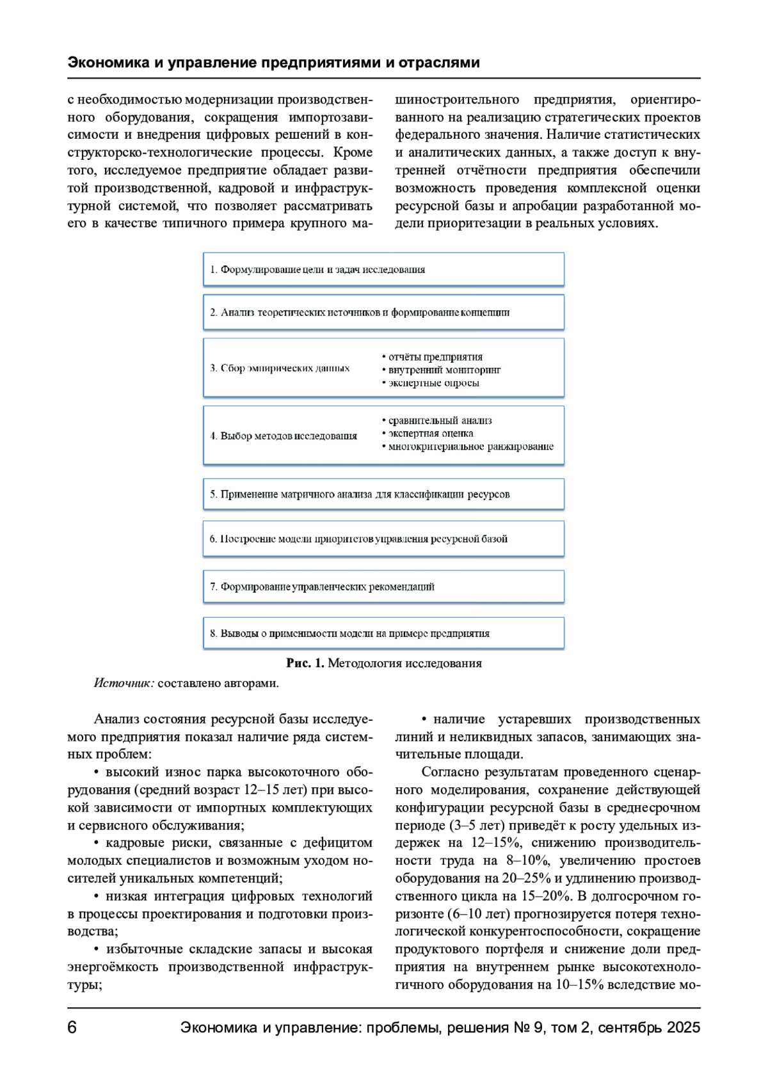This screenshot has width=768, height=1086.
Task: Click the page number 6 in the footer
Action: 72,1028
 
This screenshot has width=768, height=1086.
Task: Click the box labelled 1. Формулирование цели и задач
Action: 383,269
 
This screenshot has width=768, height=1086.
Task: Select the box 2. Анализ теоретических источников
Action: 383,313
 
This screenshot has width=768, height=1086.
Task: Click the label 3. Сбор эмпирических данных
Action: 280,368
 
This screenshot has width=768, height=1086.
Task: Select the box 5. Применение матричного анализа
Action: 383,494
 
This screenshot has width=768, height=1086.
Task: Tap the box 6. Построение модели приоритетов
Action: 383,539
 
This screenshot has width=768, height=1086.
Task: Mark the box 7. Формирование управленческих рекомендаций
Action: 383,586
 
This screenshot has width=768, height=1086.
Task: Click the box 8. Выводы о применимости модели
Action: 383,634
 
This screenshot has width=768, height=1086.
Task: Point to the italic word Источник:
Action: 124,683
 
